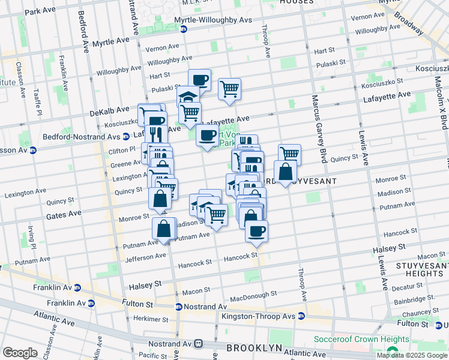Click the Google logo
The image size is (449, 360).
(20, 352)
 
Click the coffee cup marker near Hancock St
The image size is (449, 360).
(256, 231)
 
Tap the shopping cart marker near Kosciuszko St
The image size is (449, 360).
(229, 89)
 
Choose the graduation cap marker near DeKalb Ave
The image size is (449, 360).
(188, 97)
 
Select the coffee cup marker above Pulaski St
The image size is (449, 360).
(199, 80)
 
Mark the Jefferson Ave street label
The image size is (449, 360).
(145, 256)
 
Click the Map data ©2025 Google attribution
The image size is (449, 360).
(412, 355)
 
